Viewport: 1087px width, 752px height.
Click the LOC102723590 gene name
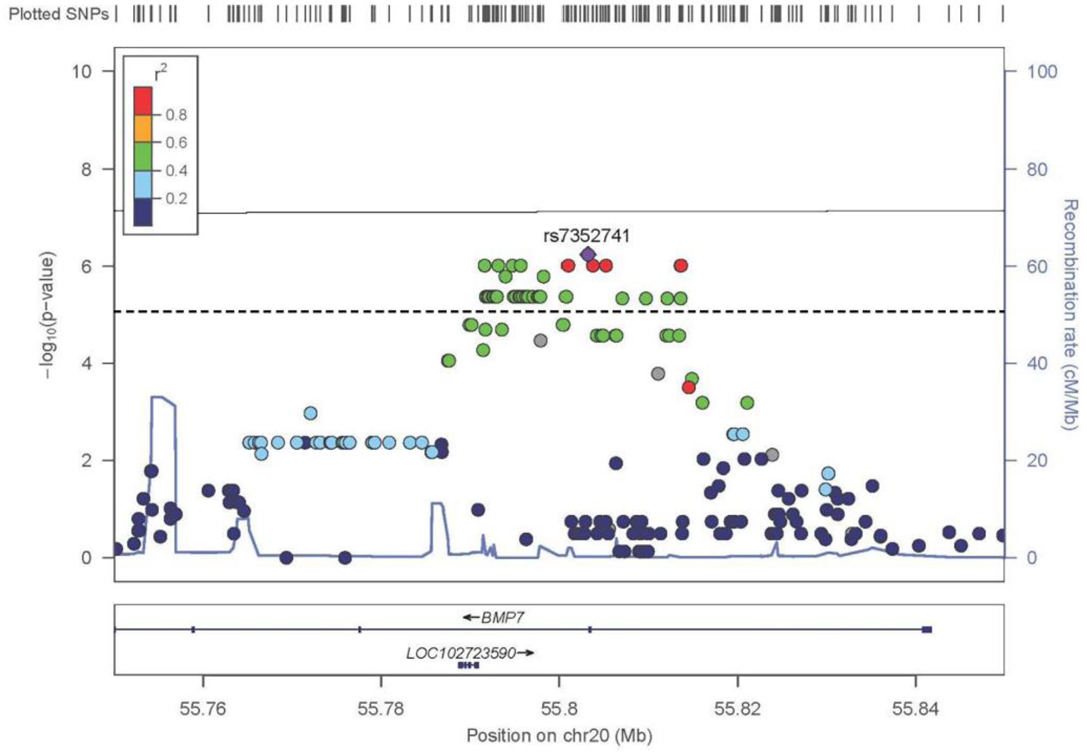tap(461, 653)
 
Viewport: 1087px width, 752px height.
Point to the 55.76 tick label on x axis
tap(203, 708)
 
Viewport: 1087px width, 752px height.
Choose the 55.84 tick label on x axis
tap(915, 708)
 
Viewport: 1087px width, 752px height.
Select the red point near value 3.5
tap(689, 387)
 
